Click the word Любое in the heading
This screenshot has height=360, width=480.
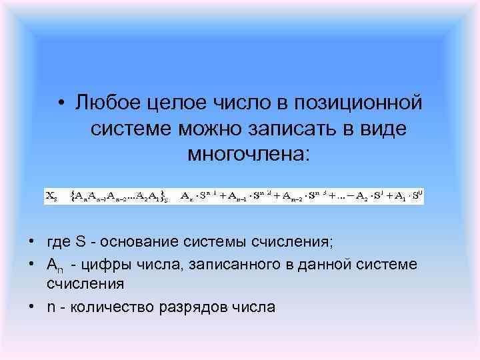pos(105,103)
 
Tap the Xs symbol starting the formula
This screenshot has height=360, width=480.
pos(51,196)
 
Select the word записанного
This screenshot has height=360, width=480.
pos(214,265)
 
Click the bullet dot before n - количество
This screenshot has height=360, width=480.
pos(31,307)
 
